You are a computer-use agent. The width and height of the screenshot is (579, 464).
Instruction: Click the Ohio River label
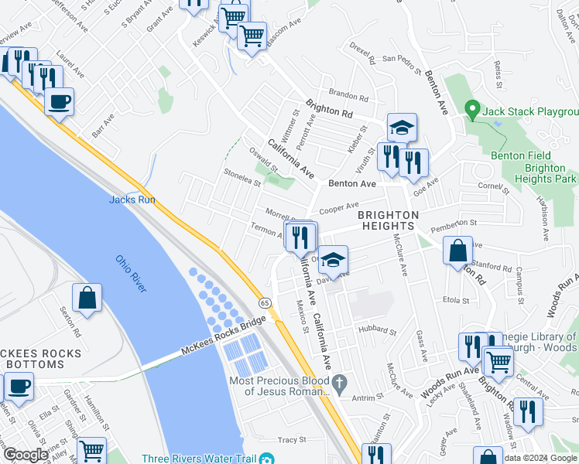coord(131,274)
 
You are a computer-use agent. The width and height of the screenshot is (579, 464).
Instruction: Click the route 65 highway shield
coord(265,302)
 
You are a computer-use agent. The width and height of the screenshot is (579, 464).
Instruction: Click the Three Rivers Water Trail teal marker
coord(267,458)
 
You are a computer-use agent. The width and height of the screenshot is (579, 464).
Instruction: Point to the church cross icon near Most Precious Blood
coord(338,382)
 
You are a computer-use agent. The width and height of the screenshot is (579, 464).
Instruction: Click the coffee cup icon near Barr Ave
coord(59,101)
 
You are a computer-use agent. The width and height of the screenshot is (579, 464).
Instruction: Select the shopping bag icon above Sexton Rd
coord(87,298)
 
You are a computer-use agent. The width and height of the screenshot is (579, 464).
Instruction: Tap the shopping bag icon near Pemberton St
coord(458,251)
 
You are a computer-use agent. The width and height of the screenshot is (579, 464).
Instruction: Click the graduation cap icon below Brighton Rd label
coord(401,128)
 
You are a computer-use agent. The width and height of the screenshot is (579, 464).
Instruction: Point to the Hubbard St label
coord(376,331)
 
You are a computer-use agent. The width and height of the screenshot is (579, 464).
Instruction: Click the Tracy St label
coord(292,439)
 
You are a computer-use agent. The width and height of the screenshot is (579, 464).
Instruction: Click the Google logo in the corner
coord(26,455)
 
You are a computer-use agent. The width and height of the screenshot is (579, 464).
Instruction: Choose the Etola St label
coord(456,299)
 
